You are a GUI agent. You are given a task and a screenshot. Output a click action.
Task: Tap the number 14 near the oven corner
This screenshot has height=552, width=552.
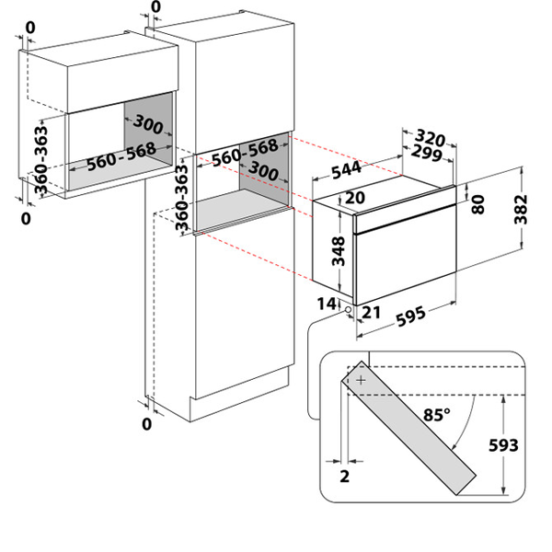(327, 303)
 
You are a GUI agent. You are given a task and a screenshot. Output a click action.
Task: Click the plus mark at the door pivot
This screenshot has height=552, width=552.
(361, 379)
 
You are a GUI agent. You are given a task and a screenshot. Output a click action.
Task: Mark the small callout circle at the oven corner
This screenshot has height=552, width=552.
(349, 311)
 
